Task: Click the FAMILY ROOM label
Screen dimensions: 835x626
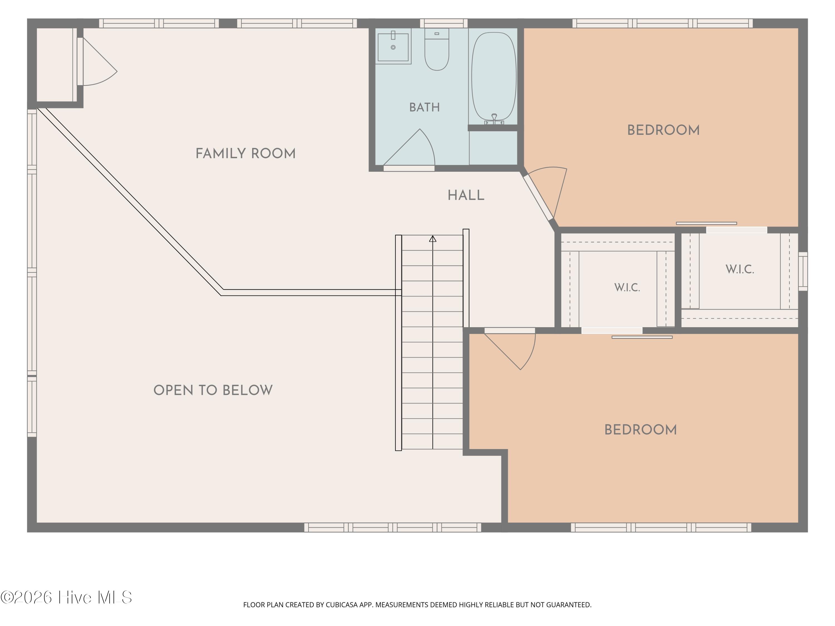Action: (x=245, y=154)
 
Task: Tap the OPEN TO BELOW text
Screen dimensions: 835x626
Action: (x=213, y=390)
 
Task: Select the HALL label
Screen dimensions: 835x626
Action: (x=466, y=196)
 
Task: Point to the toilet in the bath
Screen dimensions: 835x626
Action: (x=437, y=49)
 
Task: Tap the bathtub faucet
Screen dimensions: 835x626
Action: (x=494, y=119)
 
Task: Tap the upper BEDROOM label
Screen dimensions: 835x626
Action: (x=663, y=130)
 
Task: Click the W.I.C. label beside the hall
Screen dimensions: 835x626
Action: (x=627, y=287)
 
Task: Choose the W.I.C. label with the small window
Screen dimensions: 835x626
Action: (x=740, y=269)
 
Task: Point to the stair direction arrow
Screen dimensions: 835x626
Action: (x=433, y=238)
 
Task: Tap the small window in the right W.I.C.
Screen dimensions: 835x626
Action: (x=803, y=271)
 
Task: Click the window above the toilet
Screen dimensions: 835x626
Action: (x=444, y=23)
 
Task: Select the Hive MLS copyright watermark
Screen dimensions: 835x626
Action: (x=67, y=597)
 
